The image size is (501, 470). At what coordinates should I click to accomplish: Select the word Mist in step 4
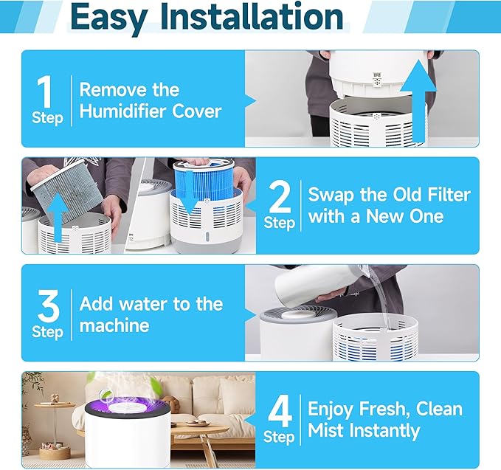tap(327, 431)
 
